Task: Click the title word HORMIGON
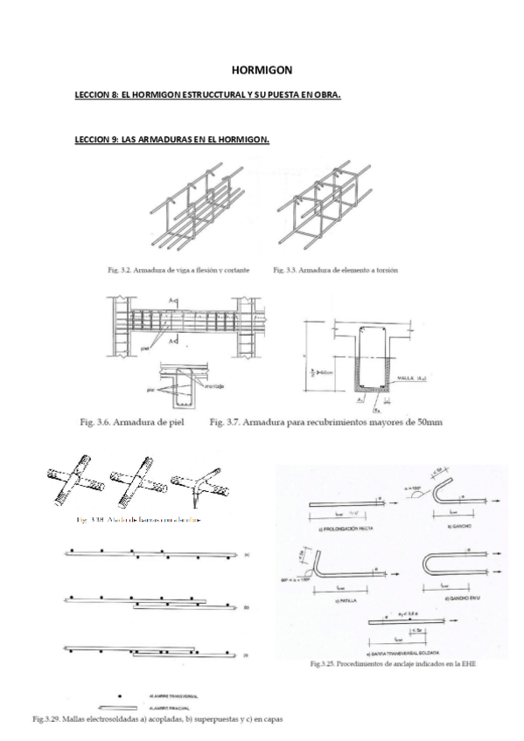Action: point(262,68)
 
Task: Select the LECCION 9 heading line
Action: point(171,140)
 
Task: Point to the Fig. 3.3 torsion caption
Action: point(335,270)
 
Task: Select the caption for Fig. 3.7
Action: point(326,422)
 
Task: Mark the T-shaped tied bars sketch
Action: point(199,490)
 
